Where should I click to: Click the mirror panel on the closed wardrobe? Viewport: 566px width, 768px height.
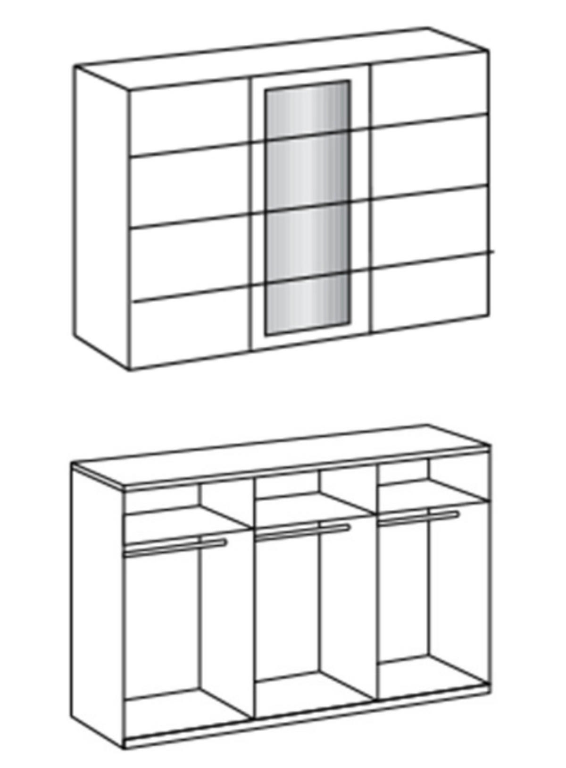(x=308, y=208)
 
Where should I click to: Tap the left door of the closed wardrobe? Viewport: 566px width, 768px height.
(x=189, y=227)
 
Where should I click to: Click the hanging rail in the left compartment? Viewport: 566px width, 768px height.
(x=175, y=546)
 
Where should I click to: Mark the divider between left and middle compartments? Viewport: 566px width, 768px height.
(x=251, y=614)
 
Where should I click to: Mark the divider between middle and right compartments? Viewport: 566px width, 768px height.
(x=375, y=599)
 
